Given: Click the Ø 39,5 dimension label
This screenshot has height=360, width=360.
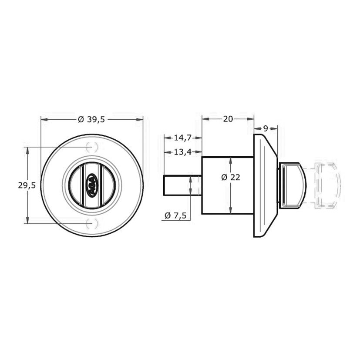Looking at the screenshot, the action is (91, 119).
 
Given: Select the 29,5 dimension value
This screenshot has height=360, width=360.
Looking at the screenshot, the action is (27, 185).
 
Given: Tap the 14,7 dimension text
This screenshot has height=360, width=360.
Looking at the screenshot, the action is (182, 138).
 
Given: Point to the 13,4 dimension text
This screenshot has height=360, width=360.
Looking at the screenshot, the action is (182, 152).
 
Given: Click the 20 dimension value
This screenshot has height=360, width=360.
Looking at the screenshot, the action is (228, 119).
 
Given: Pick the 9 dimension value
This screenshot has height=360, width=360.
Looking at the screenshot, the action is (266, 128).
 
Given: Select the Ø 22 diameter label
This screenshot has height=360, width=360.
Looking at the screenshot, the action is (231, 177).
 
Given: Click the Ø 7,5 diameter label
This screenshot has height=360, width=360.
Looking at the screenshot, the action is (175, 215).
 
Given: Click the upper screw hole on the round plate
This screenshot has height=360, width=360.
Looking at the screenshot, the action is (92, 147).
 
